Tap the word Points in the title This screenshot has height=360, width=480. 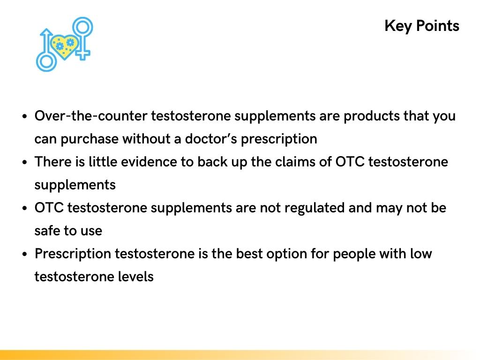pyautogui.click(x=437, y=26)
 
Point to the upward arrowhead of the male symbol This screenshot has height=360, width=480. pyautogui.click(x=46, y=32)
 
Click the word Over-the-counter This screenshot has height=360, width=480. pyautogui.click(x=91, y=116)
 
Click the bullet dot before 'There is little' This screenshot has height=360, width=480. pyautogui.click(x=24, y=162)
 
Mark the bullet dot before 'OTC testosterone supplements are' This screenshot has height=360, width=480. pyautogui.click(x=24, y=208)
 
